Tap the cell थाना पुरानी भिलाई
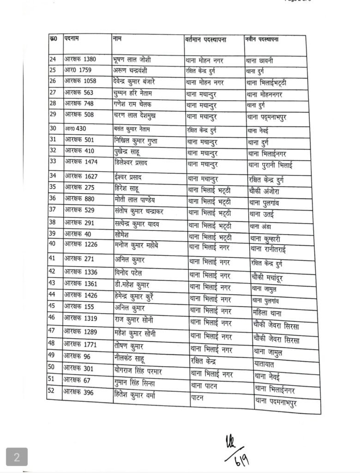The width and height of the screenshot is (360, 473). (276, 164)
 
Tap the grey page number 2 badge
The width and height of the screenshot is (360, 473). (17, 458)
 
